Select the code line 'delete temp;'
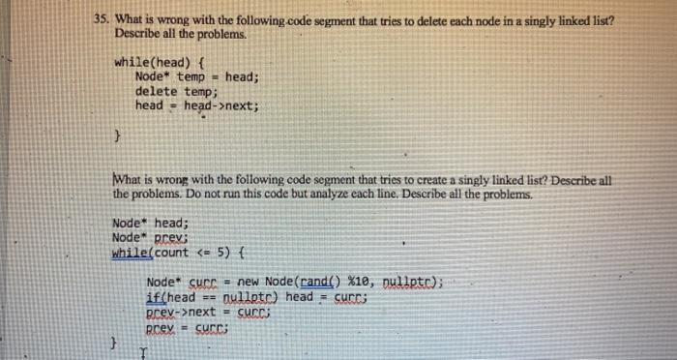(x=176, y=91)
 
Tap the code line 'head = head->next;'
(x=197, y=105)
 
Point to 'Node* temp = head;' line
(x=197, y=76)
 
